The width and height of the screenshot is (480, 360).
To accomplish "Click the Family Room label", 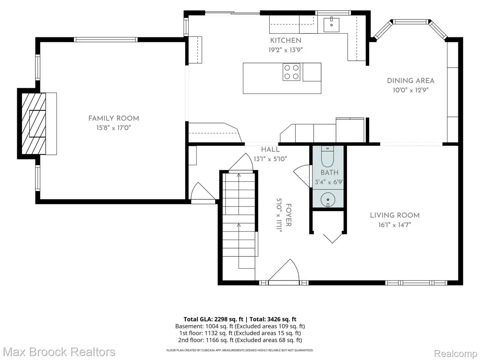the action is [114, 119].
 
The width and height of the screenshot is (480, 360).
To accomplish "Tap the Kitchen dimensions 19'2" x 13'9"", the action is [286, 50].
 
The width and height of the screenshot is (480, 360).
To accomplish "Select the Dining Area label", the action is [410, 81].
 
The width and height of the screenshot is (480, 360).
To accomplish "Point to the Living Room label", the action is [395, 215].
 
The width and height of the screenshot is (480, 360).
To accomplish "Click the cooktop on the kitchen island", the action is [291, 72].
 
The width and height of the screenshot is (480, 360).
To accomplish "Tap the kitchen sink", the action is [332, 25].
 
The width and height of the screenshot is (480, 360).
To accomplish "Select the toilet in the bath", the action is [328, 156].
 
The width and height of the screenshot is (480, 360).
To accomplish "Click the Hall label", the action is [270, 150].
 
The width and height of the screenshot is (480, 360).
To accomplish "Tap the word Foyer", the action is [288, 215].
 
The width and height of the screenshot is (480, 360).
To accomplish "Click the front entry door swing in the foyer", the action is [285, 270].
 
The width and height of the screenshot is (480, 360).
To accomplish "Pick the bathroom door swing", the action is [302, 176].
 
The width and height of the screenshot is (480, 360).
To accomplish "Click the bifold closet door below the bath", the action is [332, 239].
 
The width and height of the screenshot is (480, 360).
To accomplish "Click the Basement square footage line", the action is [240, 326].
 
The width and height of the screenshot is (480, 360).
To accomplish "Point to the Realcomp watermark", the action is [455, 354].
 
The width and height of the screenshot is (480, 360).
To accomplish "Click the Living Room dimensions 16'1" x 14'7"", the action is [395, 225].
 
